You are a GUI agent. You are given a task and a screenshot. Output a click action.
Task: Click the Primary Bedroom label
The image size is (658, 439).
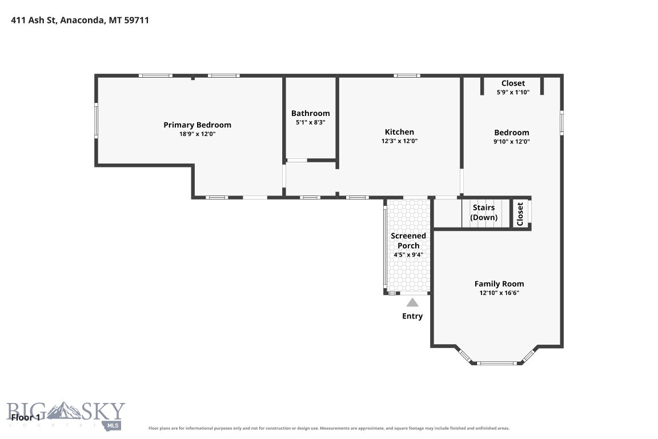pyautogui.click(x=197, y=125)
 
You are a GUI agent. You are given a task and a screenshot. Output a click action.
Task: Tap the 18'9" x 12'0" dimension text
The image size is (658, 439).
pyautogui.click(x=197, y=134)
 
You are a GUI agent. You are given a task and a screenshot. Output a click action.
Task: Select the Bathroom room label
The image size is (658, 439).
pyautogui.click(x=311, y=113)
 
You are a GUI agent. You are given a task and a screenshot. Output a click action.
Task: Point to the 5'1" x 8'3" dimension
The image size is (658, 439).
pyautogui.click(x=311, y=123)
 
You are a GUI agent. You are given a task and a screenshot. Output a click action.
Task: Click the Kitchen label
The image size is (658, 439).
pyautogui.click(x=399, y=132)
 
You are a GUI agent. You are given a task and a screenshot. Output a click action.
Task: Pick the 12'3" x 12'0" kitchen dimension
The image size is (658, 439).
pyautogui.click(x=399, y=141)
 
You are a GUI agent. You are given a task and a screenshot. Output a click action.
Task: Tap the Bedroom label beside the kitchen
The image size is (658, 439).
pyautogui.click(x=512, y=133)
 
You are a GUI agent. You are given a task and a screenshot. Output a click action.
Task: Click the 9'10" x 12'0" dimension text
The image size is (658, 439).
pyautogui.click(x=512, y=142)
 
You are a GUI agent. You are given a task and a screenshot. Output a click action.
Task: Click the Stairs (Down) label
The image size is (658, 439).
pyautogui.click(x=484, y=213)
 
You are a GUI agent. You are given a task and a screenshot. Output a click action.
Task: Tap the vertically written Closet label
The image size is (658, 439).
pyautogui.click(x=520, y=214)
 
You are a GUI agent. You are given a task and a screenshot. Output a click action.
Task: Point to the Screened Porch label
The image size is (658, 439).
pyautogui.click(x=408, y=241)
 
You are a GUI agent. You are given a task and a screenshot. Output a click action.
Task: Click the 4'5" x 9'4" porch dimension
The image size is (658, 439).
pyautogui.click(x=408, y=254)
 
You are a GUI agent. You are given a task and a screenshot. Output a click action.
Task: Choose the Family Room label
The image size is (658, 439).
pyautogui.click(x=499, y=284)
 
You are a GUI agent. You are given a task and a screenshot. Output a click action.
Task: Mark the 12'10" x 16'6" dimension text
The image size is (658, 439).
pyautogui.click(x=499, y=293)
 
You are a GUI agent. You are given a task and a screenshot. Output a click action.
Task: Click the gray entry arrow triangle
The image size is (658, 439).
pyautogui.click(x=412, y=302)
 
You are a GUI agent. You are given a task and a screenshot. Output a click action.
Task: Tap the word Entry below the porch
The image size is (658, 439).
pyautogui.click(x=412, y=316)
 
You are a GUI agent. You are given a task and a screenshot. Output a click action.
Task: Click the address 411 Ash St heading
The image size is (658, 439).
pyautogui.click(x=80, y=20)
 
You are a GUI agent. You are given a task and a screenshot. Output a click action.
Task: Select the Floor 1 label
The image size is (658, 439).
pyautogui.click(x=26, y=418)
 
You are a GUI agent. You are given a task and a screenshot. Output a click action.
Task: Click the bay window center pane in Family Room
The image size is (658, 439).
pyautogui.click(x=497, y=363)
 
